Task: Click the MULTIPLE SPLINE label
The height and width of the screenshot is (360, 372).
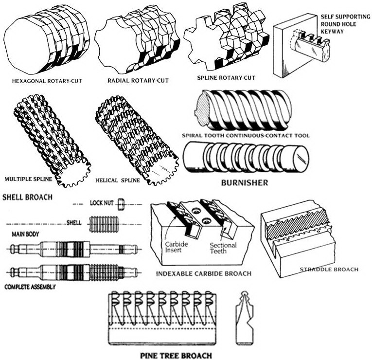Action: pos(28,179)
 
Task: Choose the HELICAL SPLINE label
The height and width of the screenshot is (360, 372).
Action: pos(119,180)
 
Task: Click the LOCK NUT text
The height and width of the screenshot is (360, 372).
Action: pos(101,203)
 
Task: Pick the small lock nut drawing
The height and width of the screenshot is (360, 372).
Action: pos(121,204)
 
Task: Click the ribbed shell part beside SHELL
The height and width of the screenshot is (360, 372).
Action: pos(105,224)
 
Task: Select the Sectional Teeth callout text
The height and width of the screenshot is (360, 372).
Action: pos(223,249)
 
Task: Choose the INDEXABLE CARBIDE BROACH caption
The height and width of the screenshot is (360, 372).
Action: pos(204,273)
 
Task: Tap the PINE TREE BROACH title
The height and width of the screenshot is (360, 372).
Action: pos(176,356)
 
